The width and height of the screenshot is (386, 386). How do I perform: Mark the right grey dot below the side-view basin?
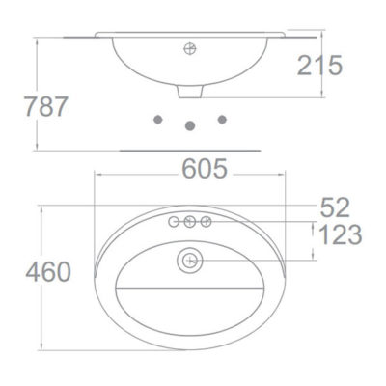223,119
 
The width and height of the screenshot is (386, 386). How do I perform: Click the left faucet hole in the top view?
175,223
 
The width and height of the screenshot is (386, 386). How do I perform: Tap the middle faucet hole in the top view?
190,223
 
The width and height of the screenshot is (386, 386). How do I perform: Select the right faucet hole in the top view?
206,223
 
